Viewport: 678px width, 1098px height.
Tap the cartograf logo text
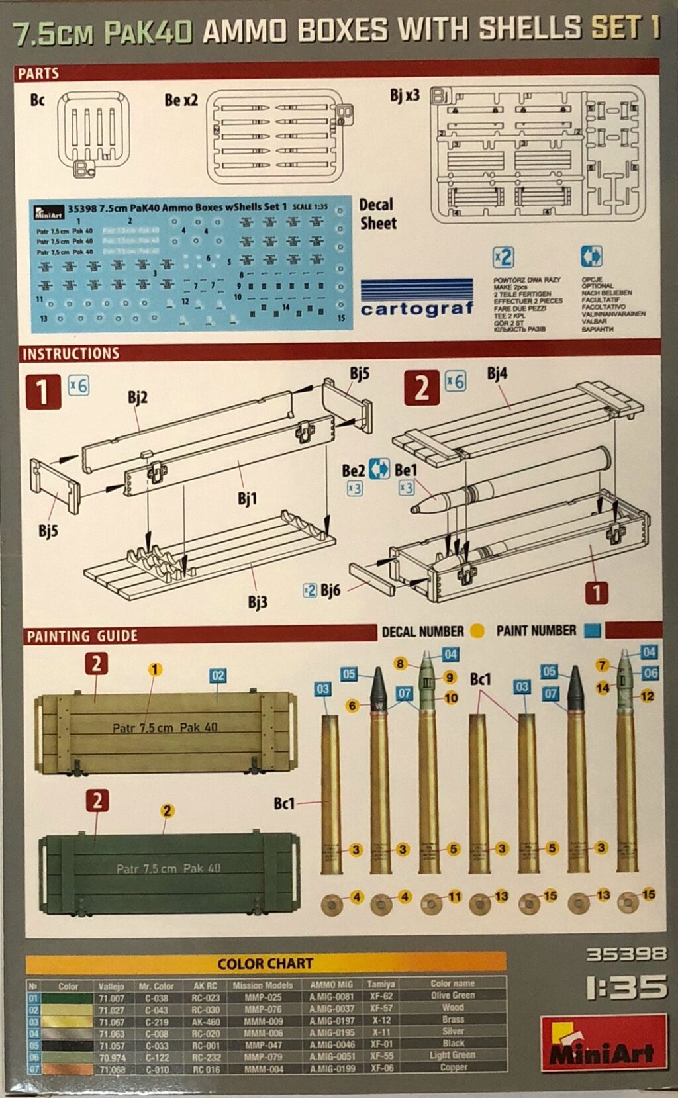point(417,308)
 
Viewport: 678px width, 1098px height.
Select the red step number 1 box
point(42,391)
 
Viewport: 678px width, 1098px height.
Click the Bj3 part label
point(258,602)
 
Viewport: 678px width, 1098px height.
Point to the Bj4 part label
point(497,374)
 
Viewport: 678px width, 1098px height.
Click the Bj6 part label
point(330,590)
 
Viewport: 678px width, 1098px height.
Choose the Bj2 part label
point(137,398)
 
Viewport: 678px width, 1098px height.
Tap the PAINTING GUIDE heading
point(81,636)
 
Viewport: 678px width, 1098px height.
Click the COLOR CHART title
point(265,964)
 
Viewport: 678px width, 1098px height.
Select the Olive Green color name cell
point(453,995)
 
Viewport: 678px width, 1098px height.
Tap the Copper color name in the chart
point(454,1067)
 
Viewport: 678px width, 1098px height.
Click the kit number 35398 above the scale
point(626,954)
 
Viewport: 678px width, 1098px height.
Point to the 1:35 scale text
point(626,987)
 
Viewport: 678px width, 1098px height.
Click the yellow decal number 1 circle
point(155,670)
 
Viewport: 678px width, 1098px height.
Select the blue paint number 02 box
point(218,676)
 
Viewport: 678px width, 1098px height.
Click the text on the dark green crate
point(168,868)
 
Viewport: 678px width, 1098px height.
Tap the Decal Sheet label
point(377,214)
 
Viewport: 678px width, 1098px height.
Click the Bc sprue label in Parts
point(37,100)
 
